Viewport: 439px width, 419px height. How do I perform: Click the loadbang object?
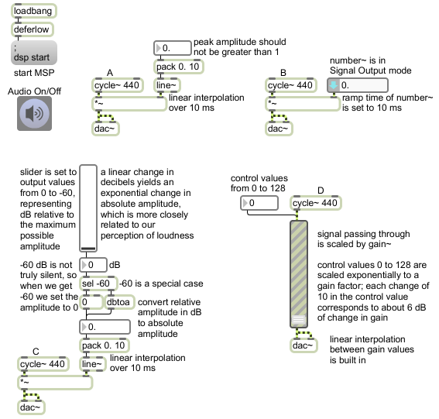point(34,11)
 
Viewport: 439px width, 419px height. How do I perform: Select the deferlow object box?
point(33,29)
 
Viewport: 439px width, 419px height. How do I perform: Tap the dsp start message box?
point(34,53)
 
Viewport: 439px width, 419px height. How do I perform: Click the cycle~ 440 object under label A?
point(118,85)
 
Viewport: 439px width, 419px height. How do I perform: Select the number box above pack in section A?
point(172,48)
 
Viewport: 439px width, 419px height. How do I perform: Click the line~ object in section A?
point(167,85)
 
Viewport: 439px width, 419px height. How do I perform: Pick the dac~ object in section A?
point(105,129)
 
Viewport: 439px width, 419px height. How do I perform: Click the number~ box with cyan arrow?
point(358,85)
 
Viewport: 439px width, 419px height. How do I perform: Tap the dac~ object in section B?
point(279,129)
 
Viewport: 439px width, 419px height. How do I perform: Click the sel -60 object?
point(98,283)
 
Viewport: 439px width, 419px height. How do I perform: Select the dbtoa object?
point(119,302)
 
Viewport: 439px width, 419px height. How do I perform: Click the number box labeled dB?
point(93,265)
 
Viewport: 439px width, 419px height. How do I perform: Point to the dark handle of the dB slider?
point(88,248)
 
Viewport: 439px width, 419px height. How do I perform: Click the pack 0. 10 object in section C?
point(105,345)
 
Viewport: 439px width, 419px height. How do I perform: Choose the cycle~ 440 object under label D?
point(316,203)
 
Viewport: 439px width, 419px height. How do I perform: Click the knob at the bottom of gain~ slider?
point(298,320)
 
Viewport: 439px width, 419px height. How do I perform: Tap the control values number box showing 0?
point(259,203)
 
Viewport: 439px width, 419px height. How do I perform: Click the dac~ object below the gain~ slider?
point(304,345)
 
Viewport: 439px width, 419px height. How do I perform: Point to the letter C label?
point(36,352)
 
